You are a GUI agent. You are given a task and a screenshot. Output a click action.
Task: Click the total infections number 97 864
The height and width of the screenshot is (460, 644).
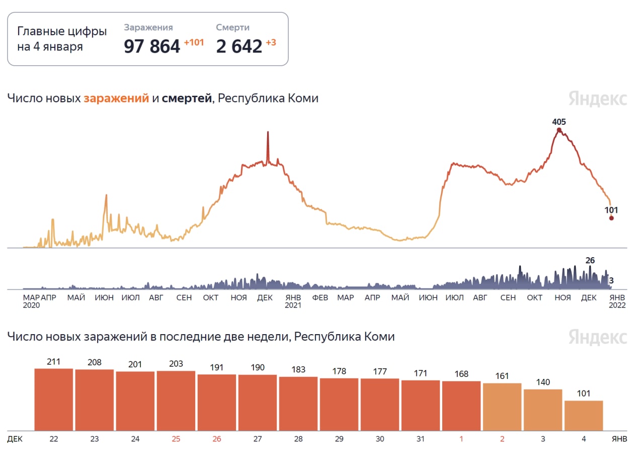pos(151,46)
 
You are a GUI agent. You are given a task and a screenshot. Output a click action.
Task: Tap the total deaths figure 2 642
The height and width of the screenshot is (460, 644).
pos(239,46)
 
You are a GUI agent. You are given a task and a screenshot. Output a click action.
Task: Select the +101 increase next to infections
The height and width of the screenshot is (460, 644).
pos(194,43)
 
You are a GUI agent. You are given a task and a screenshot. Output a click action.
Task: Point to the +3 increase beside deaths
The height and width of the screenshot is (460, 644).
pos(271,43)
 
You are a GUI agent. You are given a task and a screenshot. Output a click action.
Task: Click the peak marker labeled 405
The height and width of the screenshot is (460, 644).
pos(559,130)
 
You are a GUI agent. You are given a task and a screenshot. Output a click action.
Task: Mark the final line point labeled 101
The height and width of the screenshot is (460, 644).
pos(611,218)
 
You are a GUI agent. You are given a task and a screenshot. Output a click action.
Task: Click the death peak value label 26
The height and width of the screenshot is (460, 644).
pos(590,261)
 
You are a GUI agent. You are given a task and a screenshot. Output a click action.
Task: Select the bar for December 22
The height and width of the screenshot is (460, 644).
pos(54,400)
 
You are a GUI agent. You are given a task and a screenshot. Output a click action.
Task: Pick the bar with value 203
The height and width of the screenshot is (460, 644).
pos(176,401)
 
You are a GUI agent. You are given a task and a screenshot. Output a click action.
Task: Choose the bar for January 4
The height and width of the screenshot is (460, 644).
pos(584,416)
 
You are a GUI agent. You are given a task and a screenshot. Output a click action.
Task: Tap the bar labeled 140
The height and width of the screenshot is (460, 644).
pos(543,410)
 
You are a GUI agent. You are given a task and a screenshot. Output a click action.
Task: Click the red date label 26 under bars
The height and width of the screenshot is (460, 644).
pos(217,439)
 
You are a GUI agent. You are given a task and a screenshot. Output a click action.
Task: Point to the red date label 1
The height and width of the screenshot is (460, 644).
pos(461,439)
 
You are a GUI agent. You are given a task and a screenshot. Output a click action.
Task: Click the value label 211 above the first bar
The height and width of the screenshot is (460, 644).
pos(54,361)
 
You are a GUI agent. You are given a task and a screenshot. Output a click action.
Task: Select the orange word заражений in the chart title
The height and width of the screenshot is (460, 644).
pos(116,99)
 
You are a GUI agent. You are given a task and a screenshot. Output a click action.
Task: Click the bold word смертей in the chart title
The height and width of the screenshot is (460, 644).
pos(187,99)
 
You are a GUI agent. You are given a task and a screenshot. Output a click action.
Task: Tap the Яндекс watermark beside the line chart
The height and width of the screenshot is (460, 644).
pos(598,99)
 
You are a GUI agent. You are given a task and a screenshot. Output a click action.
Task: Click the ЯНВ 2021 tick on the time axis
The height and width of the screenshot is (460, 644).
pos(293,301)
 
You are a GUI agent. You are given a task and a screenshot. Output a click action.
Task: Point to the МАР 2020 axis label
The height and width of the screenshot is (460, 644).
pos(31,301)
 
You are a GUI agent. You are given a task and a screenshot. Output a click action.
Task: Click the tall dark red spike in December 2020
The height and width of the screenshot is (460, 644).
pos(268,146)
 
